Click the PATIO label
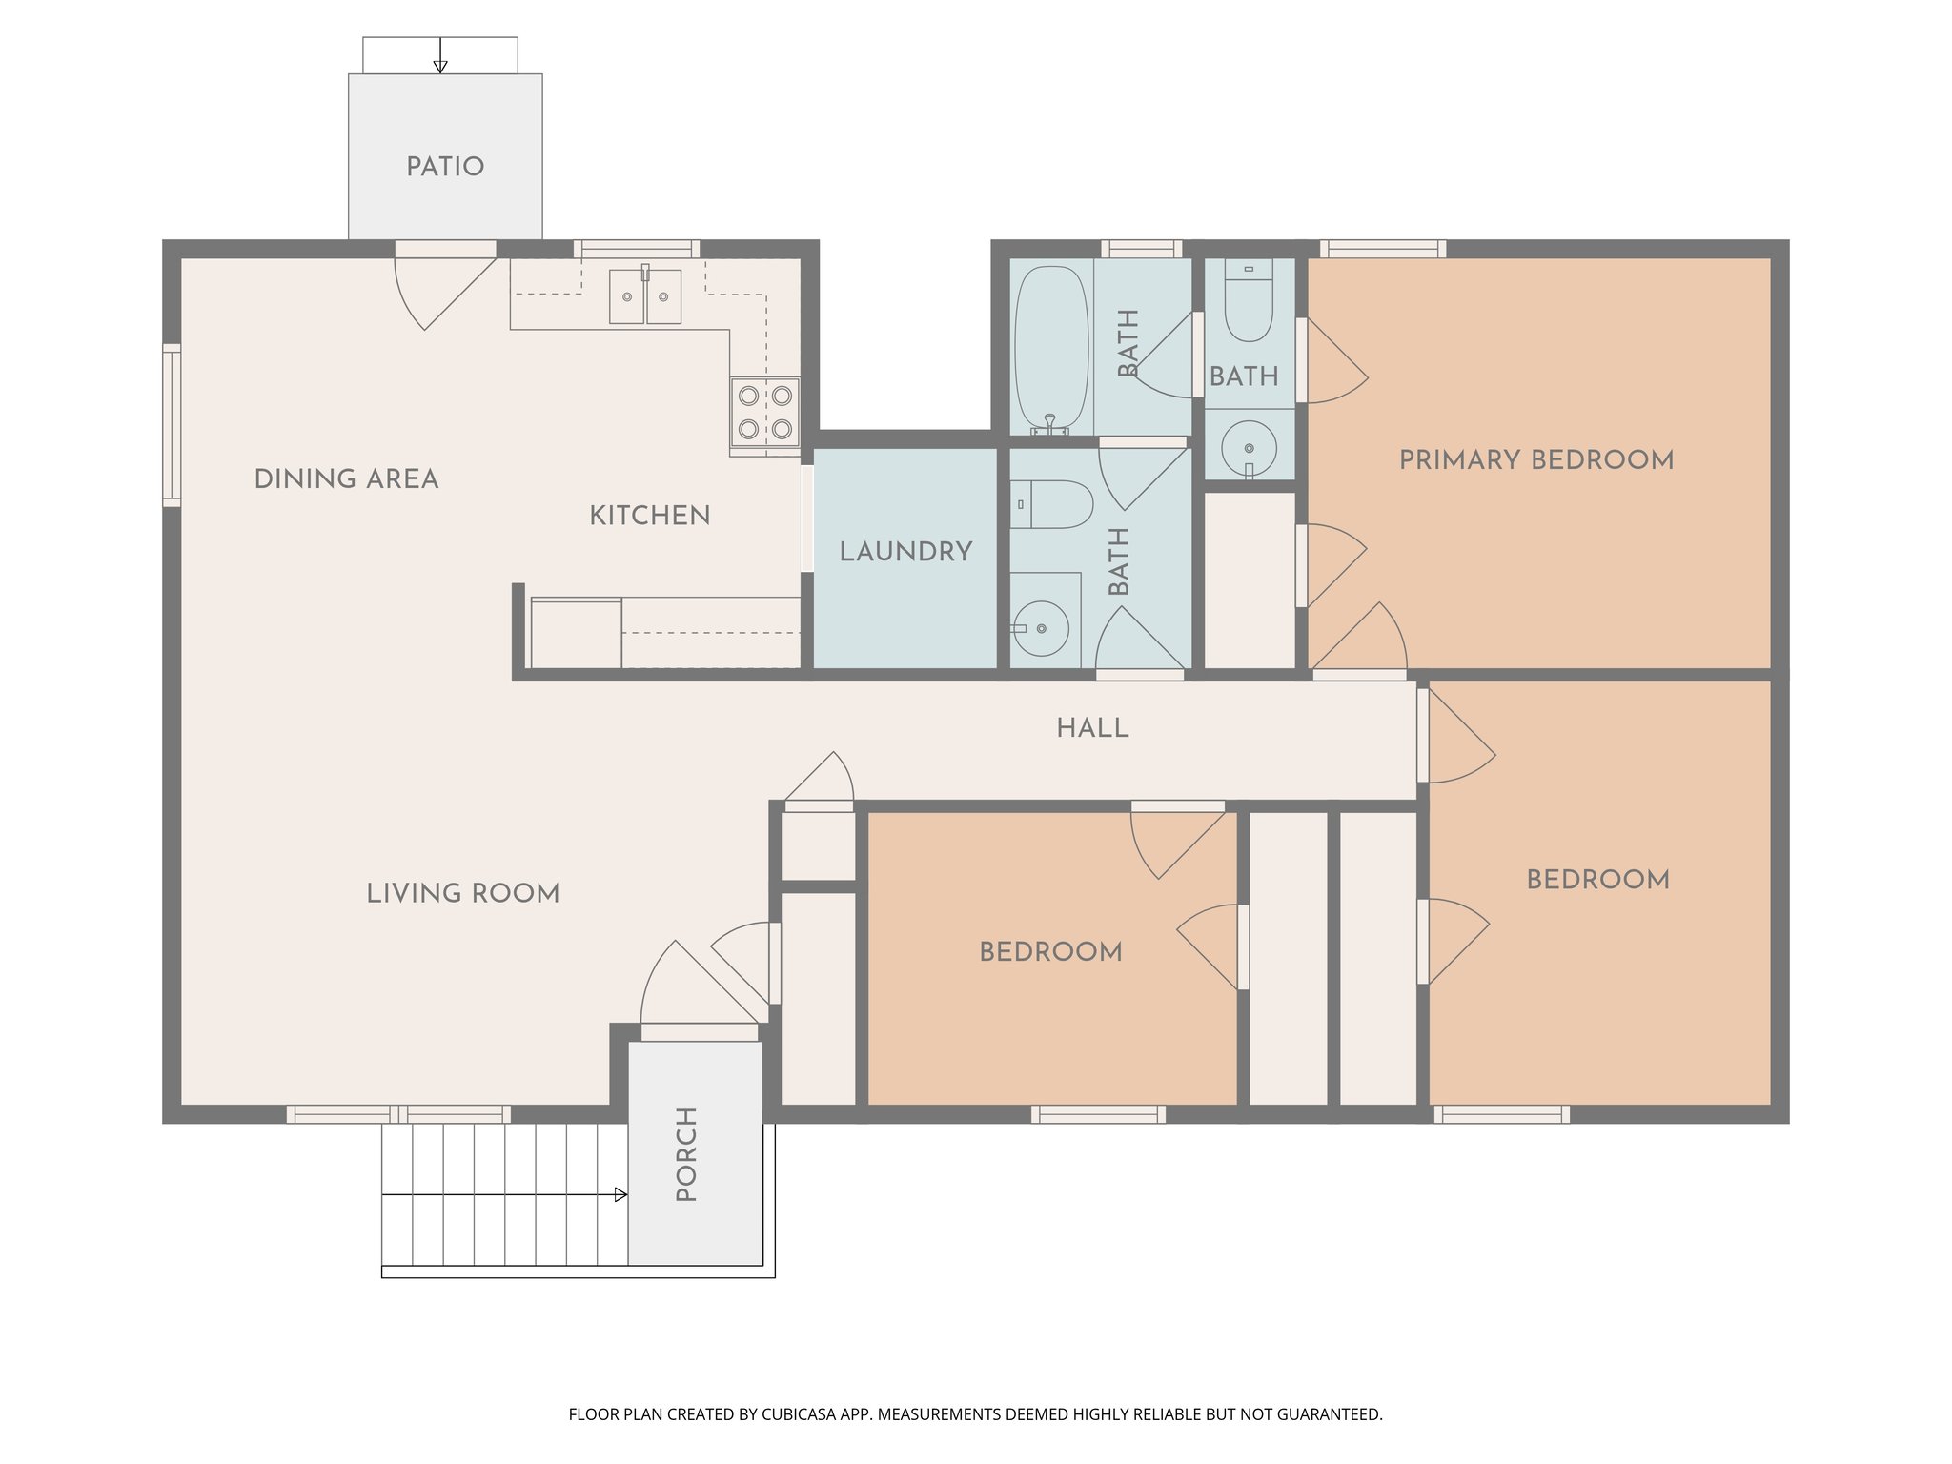coord(445,167)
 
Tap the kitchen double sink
coord(645,296)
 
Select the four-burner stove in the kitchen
coord(765,413)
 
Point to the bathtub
coord(1050,348)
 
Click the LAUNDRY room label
coord(905,552)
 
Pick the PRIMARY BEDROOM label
coord(1535,460)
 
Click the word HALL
coord(1092,728)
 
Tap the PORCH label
coord(687,1153)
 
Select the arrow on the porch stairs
coord(620,1194)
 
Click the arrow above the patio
coord(440,65)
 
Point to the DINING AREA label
coord(346,479)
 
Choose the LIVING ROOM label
coord(463,893)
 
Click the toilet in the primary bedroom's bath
coord(1249,301)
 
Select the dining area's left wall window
coord(172,425)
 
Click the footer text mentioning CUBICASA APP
coord(974,1414)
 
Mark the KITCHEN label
coord(649,516)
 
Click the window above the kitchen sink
coord(637,249)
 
